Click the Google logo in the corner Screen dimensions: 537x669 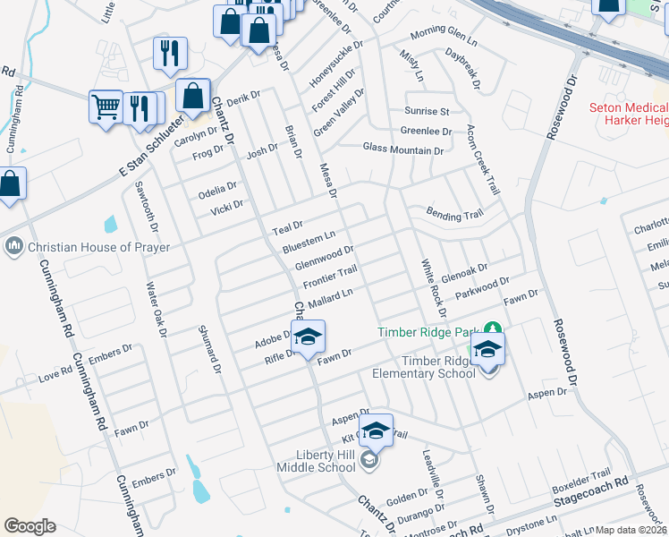(x=30, y=526)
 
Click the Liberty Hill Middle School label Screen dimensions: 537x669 (x=315, y=461)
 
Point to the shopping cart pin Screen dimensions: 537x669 (x=106, y=107)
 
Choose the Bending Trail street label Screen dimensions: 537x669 (x=454, y=215)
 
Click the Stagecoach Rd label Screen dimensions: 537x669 (x=592, y=491)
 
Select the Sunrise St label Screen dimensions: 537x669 (x=427, y=112)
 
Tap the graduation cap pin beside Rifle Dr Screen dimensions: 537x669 (x=307, y=338)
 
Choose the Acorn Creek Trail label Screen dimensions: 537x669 (x=481, y=160)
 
